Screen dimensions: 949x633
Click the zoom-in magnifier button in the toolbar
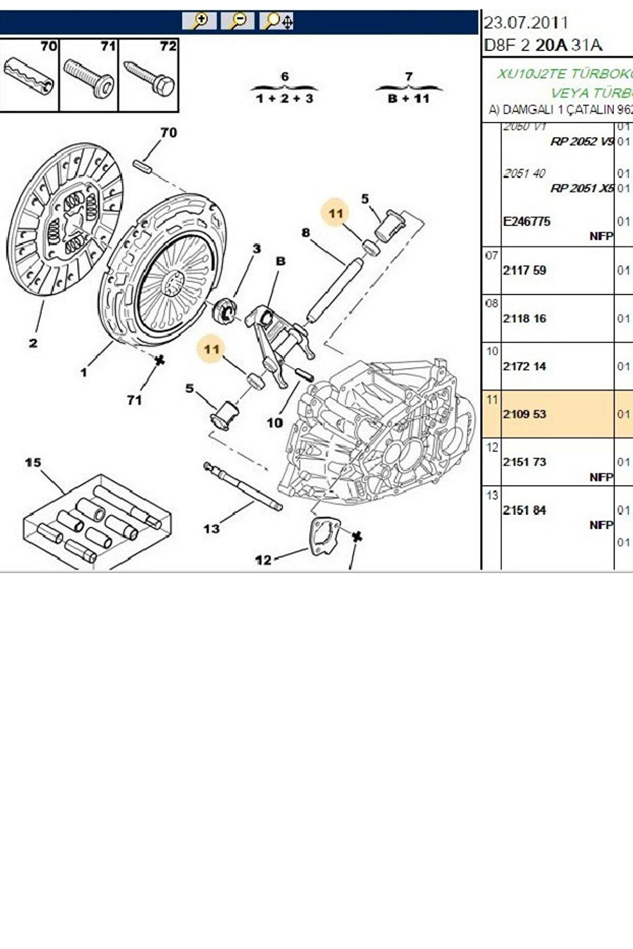pyautogui.click(x=199, y=21)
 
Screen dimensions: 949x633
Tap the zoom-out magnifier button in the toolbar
pyautogui.click(x=237, y=21)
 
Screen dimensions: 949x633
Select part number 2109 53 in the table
pyautogui.click(x=525, y=414)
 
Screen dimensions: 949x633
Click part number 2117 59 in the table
pyautogui.click(x=525, y=271)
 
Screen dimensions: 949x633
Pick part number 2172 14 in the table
pyautogui.click(x=525, y=366)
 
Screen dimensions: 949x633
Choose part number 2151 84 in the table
pyautogui.click(x=525, y=510)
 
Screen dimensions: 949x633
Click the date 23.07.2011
pyautogui.click(x=526, y=23)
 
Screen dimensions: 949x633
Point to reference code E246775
pyautogui.click(x=527, y=221)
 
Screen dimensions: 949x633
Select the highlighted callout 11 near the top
pyautogui.click(x=336, y=213)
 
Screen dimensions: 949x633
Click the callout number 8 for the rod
pyautogui.click(x=306, y=233)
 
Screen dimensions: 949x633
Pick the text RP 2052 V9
pyautogui.click(x=582, y=142)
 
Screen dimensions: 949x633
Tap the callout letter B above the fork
pyautogui.click(x=281, y=261)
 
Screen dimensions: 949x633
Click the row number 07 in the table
pyautogui.click(x=492, y=255)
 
